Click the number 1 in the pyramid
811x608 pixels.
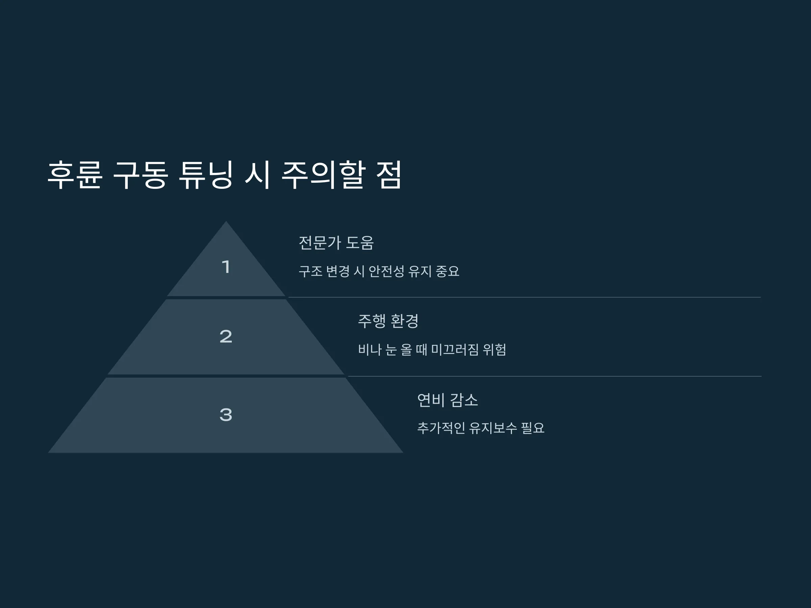point(226,267)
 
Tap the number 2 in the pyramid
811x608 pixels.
point(226,336)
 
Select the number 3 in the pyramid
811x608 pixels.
point(226,415)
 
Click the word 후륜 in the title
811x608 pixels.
point(75,175)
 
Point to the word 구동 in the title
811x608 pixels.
point(141,175)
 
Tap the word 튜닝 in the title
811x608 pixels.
point(206,175)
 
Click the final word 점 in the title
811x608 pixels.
point(389,175)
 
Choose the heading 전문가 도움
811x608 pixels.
point(336,243)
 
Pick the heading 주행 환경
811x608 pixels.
point(388,321)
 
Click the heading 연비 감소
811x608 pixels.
point(448,400)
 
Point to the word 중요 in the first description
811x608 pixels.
point(447,271)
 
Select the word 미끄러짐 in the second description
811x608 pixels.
point(454,350)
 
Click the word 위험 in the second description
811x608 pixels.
point(495,350)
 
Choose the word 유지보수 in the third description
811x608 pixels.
point(493,428)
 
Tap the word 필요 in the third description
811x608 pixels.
point(533,428)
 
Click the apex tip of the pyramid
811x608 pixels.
point(226,221)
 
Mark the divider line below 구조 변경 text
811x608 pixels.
point(525,297)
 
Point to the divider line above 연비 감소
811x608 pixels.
point(555,376)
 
